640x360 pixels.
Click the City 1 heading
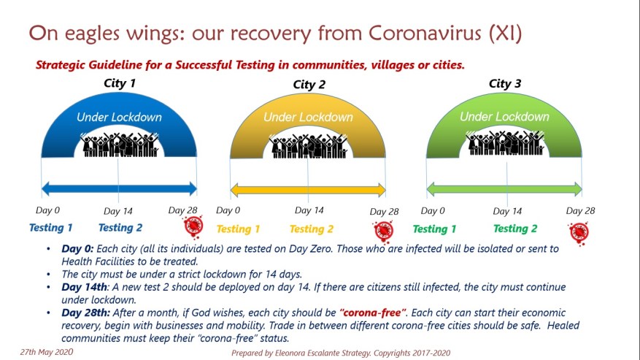120,83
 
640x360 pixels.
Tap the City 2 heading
309,85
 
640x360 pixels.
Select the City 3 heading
505,84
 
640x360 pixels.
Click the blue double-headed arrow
119,189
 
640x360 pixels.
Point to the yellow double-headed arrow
308,190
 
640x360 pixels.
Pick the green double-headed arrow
504,189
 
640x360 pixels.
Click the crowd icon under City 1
119,145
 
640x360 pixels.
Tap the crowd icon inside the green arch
505,143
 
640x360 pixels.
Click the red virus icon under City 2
384,231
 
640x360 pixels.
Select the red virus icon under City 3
579,233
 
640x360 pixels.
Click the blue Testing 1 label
50,228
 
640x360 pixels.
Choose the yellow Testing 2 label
312,229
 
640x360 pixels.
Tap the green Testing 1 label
434,229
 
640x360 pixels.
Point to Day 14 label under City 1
118,211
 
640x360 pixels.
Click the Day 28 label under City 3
580,211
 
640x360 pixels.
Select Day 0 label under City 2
228,210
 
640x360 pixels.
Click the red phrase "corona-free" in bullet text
373,313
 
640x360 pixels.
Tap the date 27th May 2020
47,352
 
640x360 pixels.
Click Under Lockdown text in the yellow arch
308,118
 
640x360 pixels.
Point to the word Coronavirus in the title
425,33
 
